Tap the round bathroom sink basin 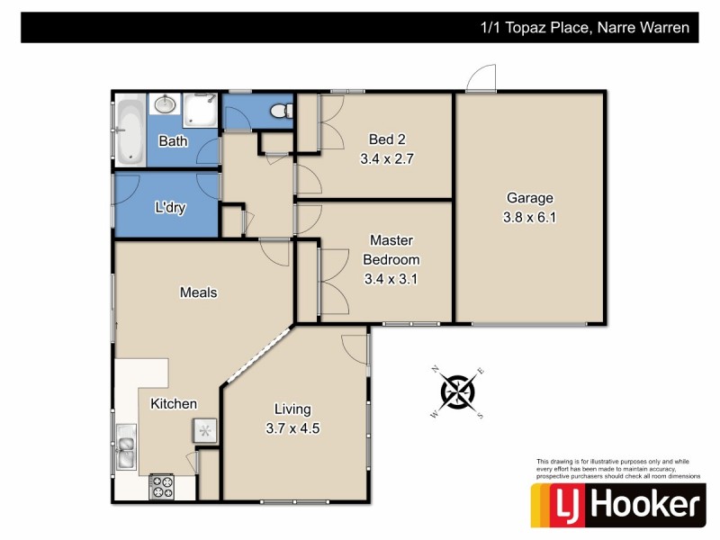pos(165,106)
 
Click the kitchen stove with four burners pos(162,487)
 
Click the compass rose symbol pos(457,391)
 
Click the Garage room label pos(529,198)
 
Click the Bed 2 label pos(388,139)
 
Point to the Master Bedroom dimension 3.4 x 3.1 pos(391,279)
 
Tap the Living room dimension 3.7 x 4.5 pos(293,428)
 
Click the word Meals pos(199,292)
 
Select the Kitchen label pos(174,404)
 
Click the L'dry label pos(170,208)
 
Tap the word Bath pos(173,141)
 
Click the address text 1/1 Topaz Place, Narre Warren pos(585,28)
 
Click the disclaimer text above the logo pos(617,468)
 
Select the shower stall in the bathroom pos(200,111)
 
